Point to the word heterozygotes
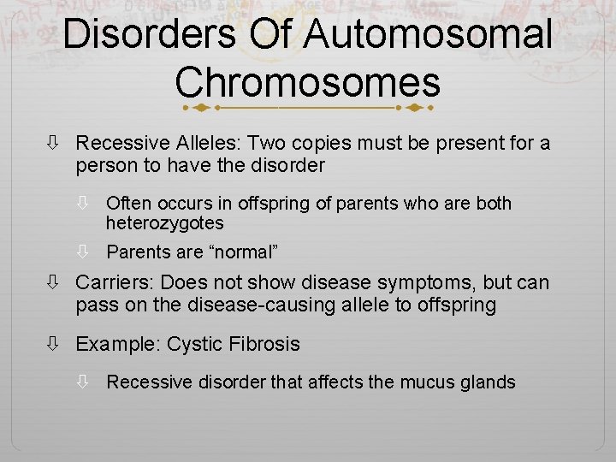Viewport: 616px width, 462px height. pos(164,223)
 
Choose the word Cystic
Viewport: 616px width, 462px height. pos(195,344)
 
